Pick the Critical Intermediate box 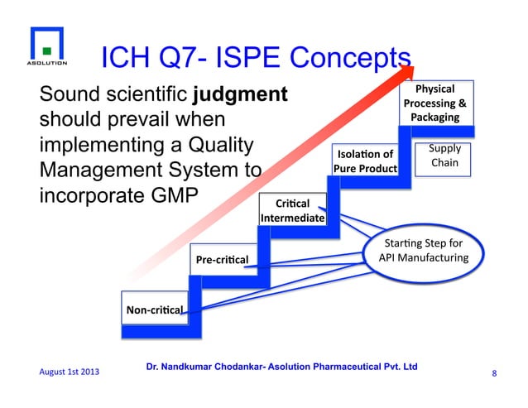(292, 210)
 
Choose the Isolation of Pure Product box (364, 161)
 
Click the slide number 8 (494, 373)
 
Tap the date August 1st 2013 (68, 373)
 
